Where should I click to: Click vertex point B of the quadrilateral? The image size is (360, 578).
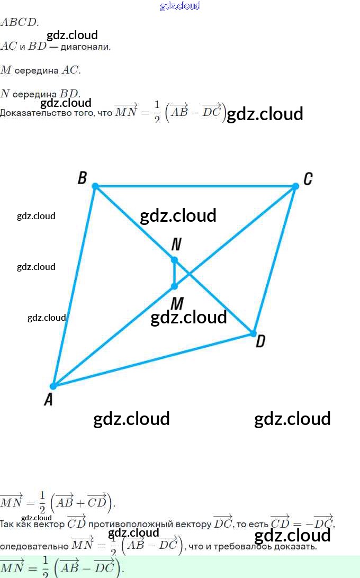point(95,186)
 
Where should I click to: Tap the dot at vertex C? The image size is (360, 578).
point(295,186)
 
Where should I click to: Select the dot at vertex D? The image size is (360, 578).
point(253,333)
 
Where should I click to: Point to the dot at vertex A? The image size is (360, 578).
point(53,386)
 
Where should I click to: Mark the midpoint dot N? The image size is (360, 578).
point(174,259)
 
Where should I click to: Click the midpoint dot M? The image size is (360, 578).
point(174,286)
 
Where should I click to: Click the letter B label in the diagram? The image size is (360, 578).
point(82,178)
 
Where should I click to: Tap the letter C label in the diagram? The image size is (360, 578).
point(308,179)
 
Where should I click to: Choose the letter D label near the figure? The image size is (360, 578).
point(260,342)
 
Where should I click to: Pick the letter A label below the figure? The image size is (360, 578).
point(48,400)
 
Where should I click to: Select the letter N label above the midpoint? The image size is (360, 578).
point(176,244)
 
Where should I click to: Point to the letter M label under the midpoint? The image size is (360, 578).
point(177,303)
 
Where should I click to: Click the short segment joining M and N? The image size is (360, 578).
point(174,273)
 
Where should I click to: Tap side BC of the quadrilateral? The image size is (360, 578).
point(195,186)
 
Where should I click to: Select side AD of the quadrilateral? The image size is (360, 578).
point(153,360)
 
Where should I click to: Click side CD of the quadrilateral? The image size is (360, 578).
point(274,259)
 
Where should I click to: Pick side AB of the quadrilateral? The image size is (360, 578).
point(74,286)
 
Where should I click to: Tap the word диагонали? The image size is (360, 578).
point(85,47)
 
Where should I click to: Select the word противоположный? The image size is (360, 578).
point(149,524)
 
